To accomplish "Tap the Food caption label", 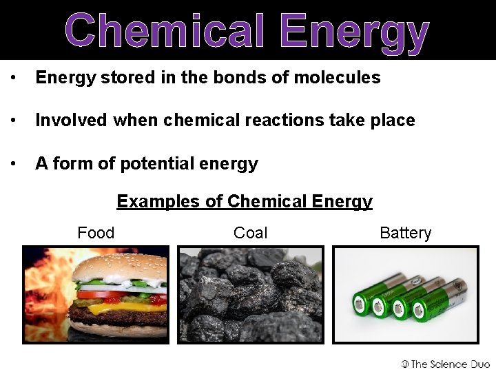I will pyautogui.click(x=96, y=233).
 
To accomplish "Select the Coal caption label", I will pyautogui.click(x=251, y=233).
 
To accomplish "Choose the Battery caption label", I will pyautogui.click(x=406, y=233).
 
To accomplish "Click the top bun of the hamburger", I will pyautogui.click(x=121, y=265).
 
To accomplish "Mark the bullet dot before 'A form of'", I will pyautogui.click(x=12, y=164).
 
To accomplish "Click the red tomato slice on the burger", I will pyautogui.click(x=103, y=294).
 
